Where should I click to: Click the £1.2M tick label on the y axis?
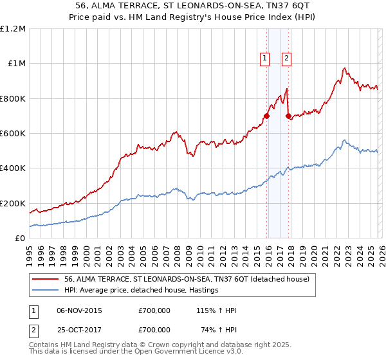point(13,29)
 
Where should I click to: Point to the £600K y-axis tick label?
point(13,134)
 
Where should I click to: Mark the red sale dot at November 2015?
point(266,116)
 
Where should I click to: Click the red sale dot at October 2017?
point(289,116)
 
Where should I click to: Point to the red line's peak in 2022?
point(345,68)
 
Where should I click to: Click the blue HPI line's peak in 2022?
point(345,140)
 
